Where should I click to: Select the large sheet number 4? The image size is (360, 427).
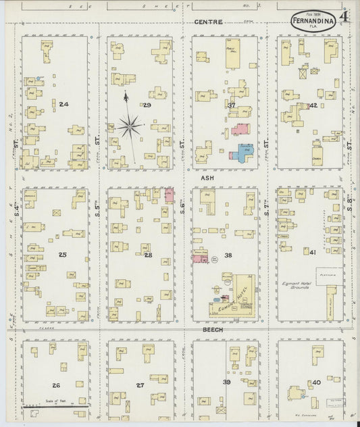coord(345,14)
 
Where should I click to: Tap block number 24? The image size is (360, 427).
coord(64,104)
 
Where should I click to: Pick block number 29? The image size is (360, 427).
coord(146,105)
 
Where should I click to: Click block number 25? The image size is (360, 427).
coord(62,255)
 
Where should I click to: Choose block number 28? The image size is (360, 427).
coord(147,255)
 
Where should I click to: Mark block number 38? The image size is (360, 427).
coord(228,255)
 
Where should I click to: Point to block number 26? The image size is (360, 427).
coord(56,385)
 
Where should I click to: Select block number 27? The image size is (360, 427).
coord(140,385)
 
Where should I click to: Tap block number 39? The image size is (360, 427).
coord(227,382)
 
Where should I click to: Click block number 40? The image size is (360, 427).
coord(315,383)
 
